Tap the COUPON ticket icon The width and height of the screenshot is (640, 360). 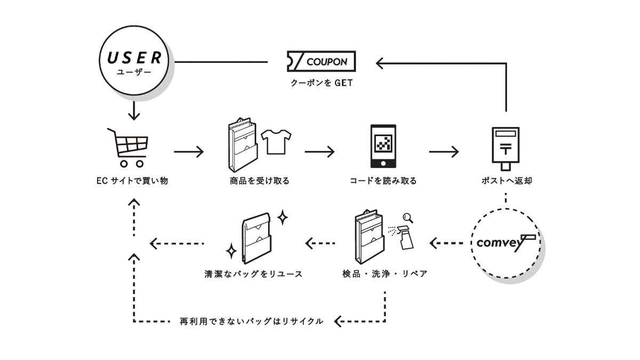[322, 62]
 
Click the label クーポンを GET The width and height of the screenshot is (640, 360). [322, 83]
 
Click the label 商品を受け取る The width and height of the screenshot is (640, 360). [260, 181]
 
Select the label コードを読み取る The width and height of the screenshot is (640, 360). [383, 181]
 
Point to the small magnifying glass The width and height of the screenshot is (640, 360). [409, 217]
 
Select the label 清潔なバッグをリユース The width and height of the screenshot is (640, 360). [253, 274]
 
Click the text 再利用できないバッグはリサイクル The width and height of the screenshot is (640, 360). [252, 322]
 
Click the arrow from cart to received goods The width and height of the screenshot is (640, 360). [189, 152]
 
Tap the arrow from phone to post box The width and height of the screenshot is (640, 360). [444, 152]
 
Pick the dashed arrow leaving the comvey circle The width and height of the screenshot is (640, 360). [446, 244]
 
